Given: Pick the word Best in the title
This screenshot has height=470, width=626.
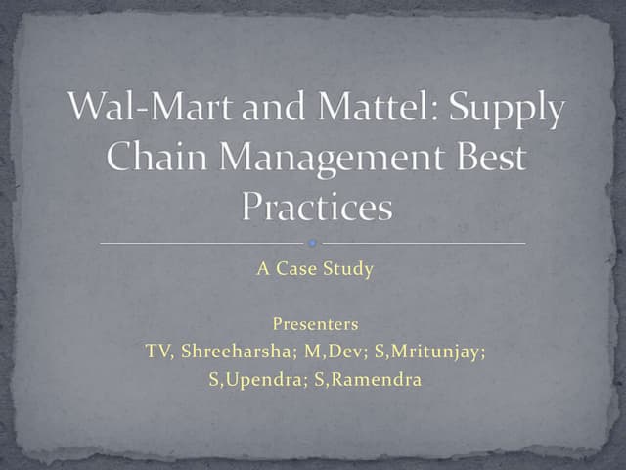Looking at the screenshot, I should [486, 159].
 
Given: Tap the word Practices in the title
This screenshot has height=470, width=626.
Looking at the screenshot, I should [315, 206].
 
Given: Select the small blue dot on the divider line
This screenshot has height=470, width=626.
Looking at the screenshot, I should [312, 241].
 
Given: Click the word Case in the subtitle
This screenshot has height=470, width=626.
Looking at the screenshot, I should [304, 269].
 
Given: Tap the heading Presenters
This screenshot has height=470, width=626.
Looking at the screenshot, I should [315, 324].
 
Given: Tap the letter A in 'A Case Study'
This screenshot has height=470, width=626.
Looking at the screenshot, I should [262, 269].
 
